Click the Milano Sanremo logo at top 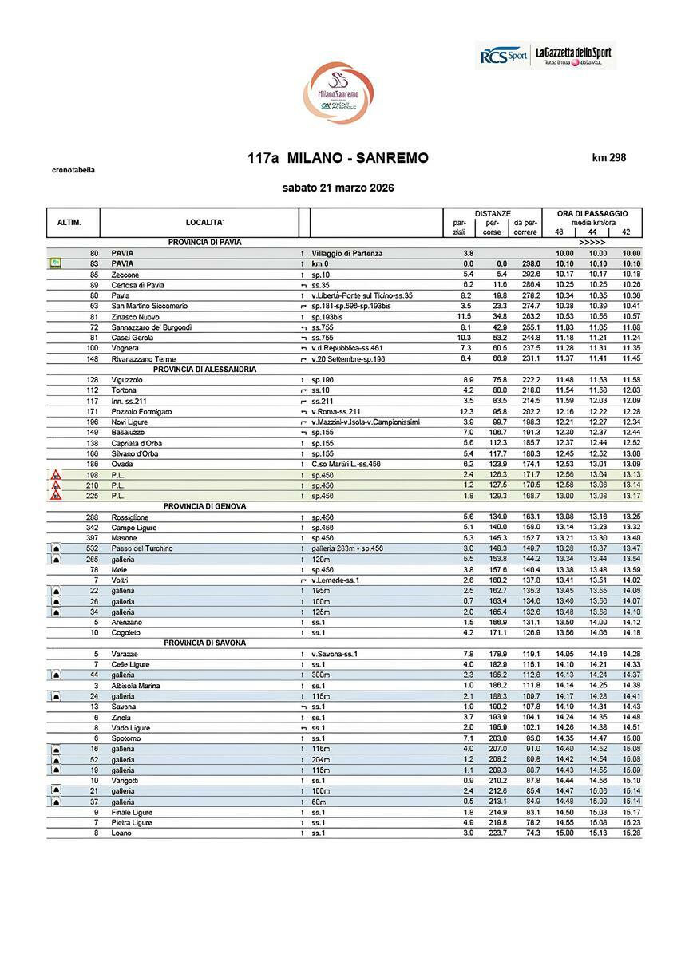tap(338, 92)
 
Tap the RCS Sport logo tap(504, 55)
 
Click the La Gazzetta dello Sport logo tap(572, 55)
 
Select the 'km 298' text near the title tap(608, 157)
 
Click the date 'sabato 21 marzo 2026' tap(338, 188)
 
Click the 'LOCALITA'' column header tap(204, 222)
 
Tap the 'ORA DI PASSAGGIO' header tap(592, 213)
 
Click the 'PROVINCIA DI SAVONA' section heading tap(205, 643)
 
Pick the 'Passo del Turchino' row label tap(141, 548)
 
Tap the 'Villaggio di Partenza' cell tap(346, 253)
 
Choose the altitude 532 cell tap(93, 548)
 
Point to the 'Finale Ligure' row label tap(132, 812)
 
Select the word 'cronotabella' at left tap(73, 170)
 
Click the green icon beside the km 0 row tap(55, 263)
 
